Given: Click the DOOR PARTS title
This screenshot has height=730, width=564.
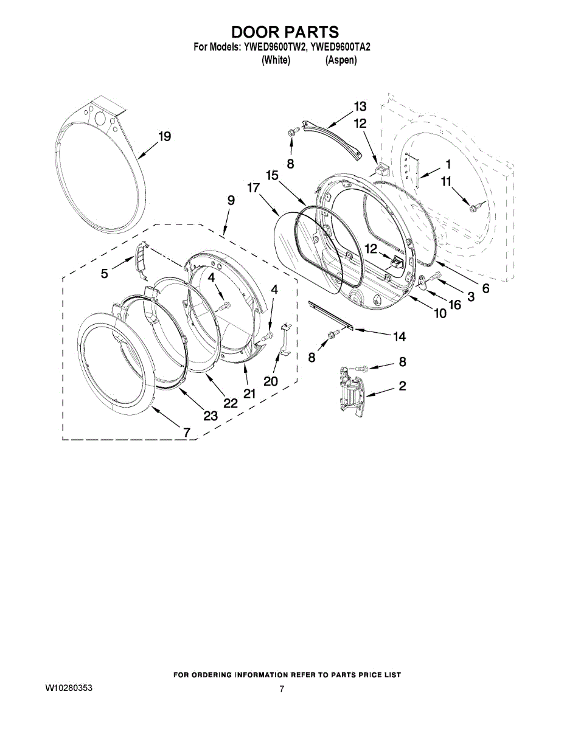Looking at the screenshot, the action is pos(285,32).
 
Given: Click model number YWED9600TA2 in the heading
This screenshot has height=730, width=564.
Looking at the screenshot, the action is pos(340,47).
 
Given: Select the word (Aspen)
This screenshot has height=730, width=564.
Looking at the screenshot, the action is pos(341,60).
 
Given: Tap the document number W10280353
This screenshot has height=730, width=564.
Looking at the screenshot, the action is pos(69,689).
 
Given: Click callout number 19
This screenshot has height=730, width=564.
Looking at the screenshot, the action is pos(165,136).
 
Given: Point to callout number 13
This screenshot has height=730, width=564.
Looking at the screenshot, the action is pos(360,106).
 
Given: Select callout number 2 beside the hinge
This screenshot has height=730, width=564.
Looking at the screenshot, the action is pos(402,386).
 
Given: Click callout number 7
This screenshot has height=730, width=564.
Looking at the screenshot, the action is pos(187,432).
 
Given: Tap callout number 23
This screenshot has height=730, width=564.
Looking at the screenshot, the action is pos(211,416).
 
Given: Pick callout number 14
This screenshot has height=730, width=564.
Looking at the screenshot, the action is pos(399,336).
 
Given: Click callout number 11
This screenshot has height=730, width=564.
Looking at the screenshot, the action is pos(446,182).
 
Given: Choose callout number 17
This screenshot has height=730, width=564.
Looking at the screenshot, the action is pos(254,187).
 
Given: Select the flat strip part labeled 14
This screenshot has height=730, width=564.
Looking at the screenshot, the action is pos(331,315).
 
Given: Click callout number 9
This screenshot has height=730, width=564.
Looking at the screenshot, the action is pos(231,201).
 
